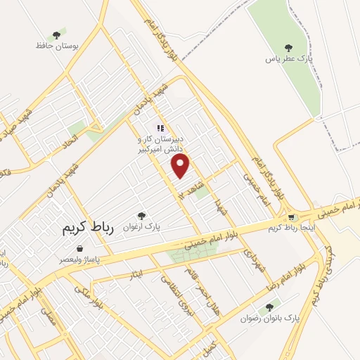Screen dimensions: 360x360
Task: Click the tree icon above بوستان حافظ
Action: pyautogui.click(x=56, y=34)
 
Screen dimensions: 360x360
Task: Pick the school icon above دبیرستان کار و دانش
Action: pyautogui.click(x=160, y=129)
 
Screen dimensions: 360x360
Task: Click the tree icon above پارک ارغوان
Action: pyautogui.click(x=141, y=216)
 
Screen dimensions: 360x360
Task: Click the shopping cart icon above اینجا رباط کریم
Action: pyautogui.click(x=291, y=217)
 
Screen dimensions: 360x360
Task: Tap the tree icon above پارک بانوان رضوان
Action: pyautogui.click(x=269, y=307)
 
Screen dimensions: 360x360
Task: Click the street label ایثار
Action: pyautogui.click(x=136, y=273)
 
